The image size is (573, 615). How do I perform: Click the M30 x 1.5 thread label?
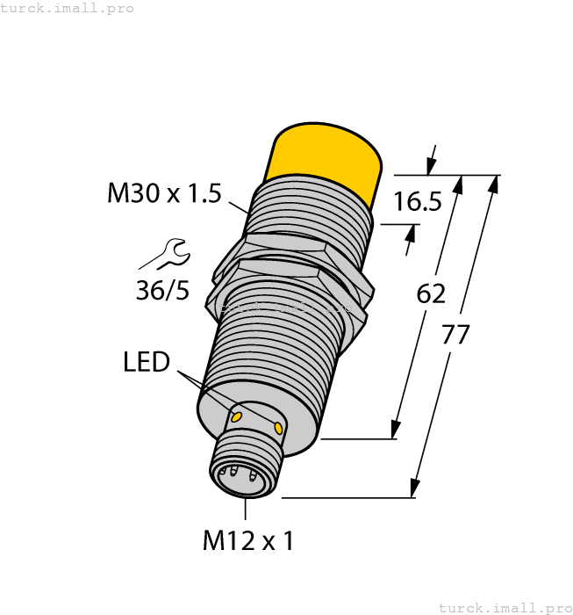[164, 193]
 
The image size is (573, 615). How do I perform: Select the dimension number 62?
[431, 293]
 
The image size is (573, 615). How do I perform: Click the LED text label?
[146, 361]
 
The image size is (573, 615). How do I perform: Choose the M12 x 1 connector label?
[248, 541]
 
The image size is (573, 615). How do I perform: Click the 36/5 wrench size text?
[162, 290]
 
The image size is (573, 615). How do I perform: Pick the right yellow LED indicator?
[278, 428]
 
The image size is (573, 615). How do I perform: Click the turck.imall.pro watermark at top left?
[68, 8]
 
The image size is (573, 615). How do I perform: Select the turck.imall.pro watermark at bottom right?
[505, 607]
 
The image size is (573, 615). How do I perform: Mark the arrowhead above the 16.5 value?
[431, 166]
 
